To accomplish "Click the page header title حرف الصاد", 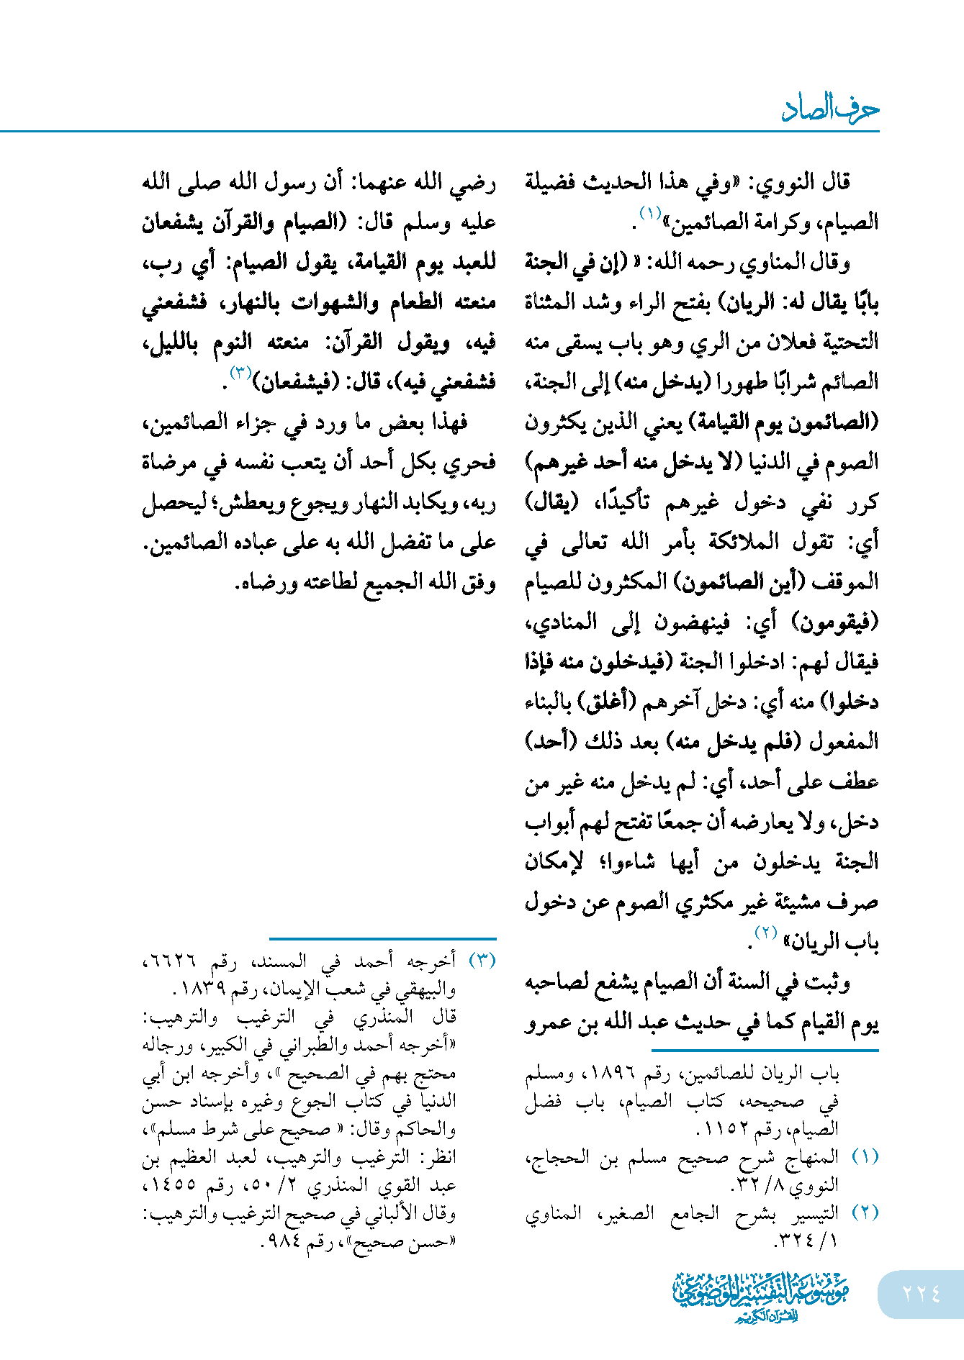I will [829, 109].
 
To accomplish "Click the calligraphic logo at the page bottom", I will [761, 1295].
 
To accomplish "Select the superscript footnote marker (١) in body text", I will [649, 214].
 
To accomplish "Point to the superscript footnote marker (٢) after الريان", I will [765, 933].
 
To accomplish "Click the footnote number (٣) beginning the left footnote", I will [482, 961].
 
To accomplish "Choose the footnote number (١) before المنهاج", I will [865, 1156].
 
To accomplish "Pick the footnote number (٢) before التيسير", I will [865, 1212].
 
